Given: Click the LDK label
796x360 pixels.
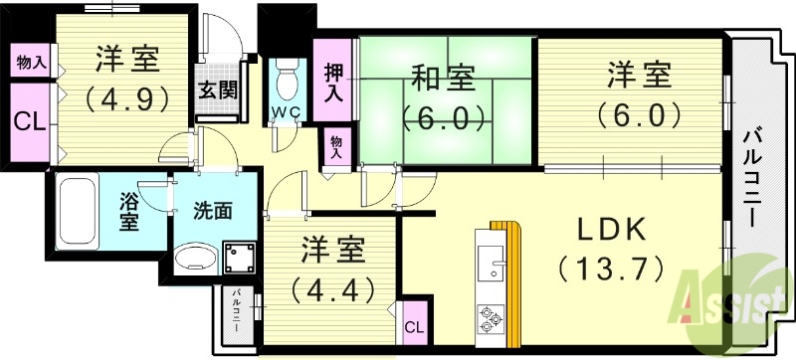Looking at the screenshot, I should click(x=614, y=231).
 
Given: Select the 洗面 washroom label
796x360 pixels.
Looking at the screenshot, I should click(x=213, y=212).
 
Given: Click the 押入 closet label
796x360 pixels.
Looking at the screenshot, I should click(x=334, y=83).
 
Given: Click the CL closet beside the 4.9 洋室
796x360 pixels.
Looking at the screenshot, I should click(x=29, y=123).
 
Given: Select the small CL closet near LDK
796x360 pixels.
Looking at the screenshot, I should click(x=413, y=326).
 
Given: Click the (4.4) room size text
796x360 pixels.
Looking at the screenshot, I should click(x=331, y=289).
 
